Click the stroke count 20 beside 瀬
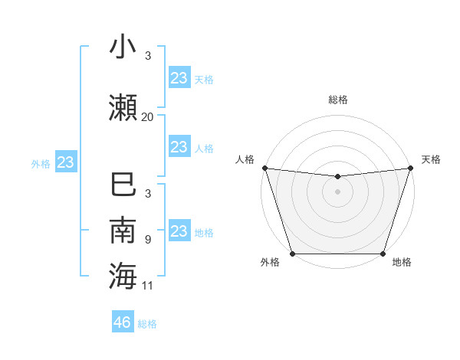tap(148, 117)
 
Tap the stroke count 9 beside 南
tap(147, 240)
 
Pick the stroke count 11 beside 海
tap(148, 286)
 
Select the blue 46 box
tap(123, 322)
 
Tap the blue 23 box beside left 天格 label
tap(179, 77)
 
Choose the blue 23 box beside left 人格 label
tap(179, 146)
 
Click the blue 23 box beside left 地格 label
tap(179, 231)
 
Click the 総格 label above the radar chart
tap(337, 100)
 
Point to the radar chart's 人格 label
tap(245, 159)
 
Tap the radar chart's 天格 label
tap(431, 159)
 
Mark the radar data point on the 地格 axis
tap(383, 254)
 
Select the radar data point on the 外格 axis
tap(292, 254)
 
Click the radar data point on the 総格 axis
tap(337, 176)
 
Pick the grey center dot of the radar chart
tap(337, 191)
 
